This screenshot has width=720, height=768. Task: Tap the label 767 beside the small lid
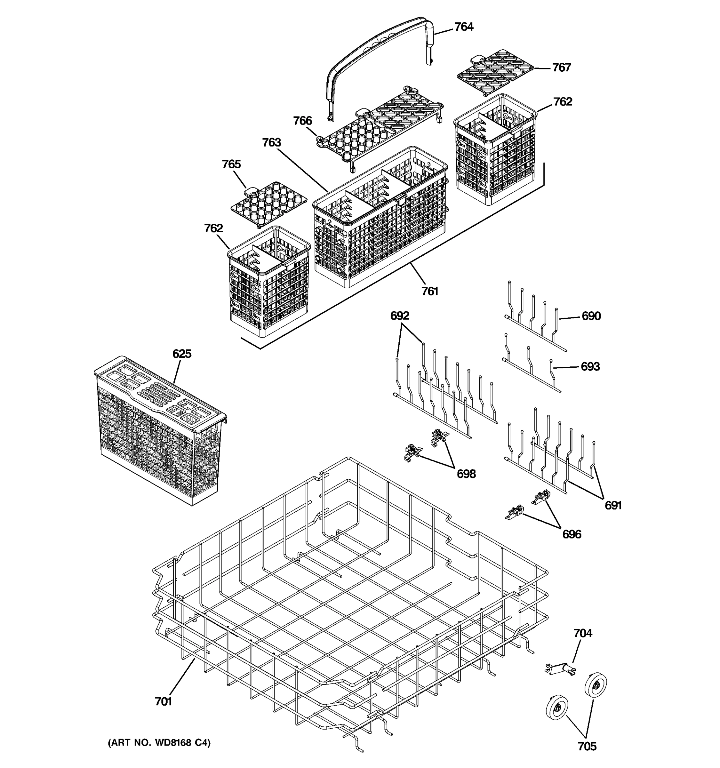pos(561,68)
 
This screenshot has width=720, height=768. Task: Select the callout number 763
pos(272,142)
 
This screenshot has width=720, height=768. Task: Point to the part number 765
pos(231,164)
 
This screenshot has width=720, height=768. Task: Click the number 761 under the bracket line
pos(430,291)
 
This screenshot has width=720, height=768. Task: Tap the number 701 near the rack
pos(164,701)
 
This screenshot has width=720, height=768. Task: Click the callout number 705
pos(587,746)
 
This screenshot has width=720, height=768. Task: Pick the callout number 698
pos(466,474)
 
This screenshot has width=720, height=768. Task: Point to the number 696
pos(572,534)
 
